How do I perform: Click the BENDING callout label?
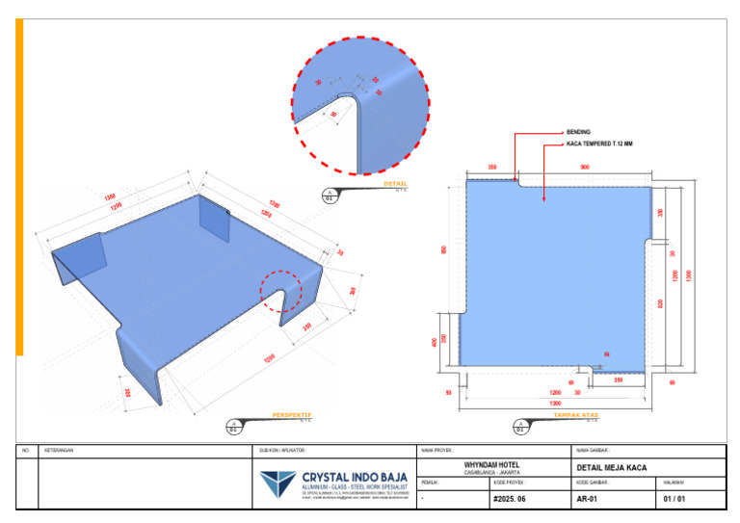tap(578, 132)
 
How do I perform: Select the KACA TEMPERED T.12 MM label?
tap(598, 145)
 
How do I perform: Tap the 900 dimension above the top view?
tap(585, 167)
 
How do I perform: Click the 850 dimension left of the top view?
tap(444, 249)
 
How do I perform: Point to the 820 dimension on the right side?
tap(660, 302)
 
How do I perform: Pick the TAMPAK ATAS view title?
tap(576, 414)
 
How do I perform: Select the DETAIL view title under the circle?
tap(395, 183)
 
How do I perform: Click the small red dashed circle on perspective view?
tap(281, 290)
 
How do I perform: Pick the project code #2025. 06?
tap(509, 500)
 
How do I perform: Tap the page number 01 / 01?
tap(675, 500)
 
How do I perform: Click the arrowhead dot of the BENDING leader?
tap(516, 176)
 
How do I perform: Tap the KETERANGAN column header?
tap(60, 450)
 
